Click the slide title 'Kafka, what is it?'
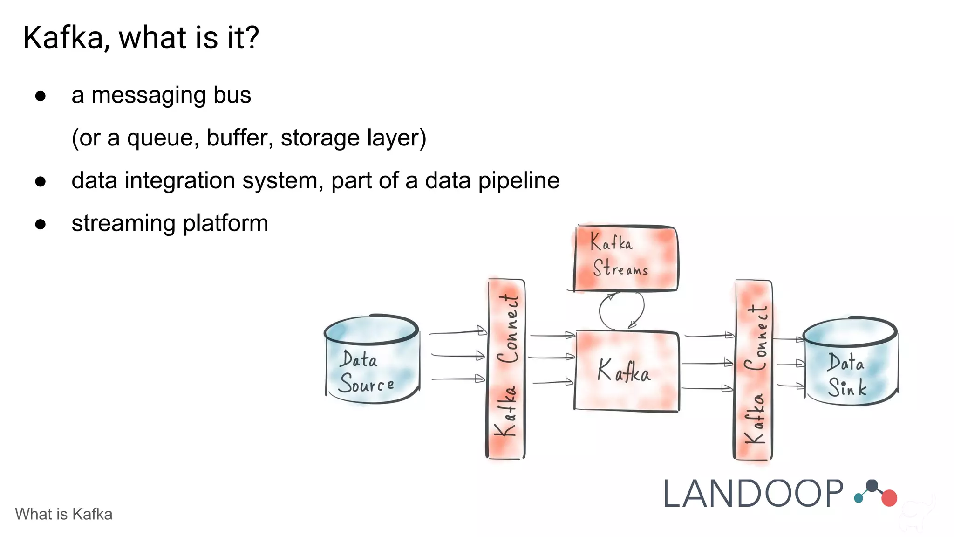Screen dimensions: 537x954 click(141, 38)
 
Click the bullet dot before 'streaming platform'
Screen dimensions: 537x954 click(41, 224)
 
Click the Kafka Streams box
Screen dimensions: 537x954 click(625, 259)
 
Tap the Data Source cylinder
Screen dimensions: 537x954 click(372, 359)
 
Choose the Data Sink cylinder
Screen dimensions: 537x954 click(851, 361)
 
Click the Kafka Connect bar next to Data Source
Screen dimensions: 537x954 click(506, 368)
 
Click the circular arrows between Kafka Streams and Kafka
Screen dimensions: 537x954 click(621, 310)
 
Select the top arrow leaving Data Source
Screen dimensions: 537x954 click(457, 332)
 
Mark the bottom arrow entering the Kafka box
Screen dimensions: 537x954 click(552, 382)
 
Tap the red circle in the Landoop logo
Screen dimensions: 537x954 click(889, 498)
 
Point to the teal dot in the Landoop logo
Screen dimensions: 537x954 click(858, 499)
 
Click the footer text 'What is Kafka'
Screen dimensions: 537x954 click(64, 514)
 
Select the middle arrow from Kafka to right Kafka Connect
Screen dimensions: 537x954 click(707, 363)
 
